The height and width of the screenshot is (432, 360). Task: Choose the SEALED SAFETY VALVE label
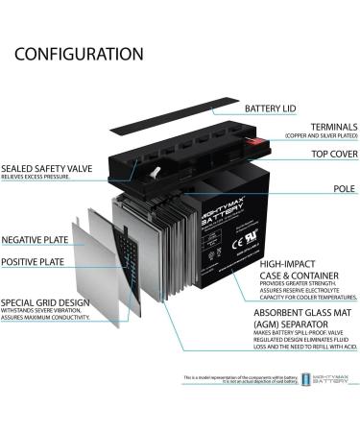tap(48, 168)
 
